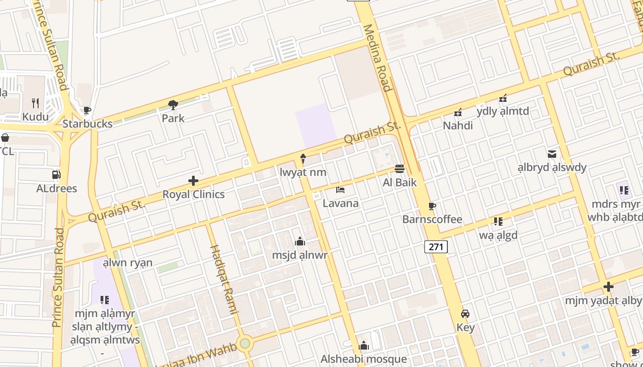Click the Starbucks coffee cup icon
click(87, 111)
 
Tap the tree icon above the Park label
click(173, 106)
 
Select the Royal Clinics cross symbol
click(193, 181)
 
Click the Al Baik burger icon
click(400, 169)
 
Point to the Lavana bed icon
click(340, 189)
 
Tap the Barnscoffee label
click(432, 219)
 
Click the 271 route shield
click(435, 247)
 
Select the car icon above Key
click(465, 314)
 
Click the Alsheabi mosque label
click(364, 359)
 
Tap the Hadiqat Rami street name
click(223, 280)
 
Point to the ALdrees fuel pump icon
click(56, 175)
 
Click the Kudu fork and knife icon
click(35, 103)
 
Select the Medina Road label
click(378, 57)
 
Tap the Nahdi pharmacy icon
click(458, 112)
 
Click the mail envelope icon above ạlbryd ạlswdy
click(552, 154)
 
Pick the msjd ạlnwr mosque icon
click(300, 241)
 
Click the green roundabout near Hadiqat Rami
click(245, 343)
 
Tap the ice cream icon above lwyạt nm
click(303, 159)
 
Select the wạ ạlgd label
click(498, 235)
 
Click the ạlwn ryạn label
click(128, 263)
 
